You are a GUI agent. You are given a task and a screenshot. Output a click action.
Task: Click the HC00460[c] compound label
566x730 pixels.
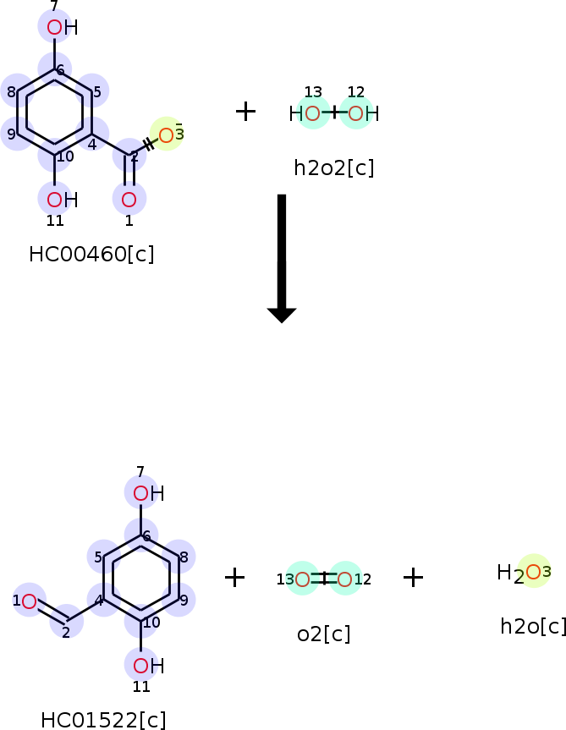point(91,254)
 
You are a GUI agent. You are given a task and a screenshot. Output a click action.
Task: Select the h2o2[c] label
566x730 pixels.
point(333,167)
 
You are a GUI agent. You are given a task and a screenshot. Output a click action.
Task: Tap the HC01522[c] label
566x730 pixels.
point(103,720)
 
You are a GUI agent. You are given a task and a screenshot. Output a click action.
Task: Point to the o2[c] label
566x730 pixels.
point(323,633)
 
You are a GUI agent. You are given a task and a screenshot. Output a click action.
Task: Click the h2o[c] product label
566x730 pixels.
point(533,626)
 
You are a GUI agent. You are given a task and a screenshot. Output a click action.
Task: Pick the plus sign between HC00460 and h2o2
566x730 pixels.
point(245,111)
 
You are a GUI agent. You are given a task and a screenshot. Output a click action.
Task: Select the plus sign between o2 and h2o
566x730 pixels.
point(413,578)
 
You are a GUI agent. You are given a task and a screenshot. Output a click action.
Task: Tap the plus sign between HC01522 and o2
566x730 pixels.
point(234,578)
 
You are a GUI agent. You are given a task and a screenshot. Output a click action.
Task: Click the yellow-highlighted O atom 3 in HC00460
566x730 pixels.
point(167,134)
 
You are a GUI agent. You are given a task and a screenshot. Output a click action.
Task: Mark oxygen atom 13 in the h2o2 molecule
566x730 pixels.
point(313,113)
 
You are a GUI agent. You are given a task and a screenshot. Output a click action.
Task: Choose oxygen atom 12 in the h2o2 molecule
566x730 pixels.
point(355,113)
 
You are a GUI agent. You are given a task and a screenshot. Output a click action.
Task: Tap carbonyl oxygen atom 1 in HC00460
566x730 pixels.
point(129,200)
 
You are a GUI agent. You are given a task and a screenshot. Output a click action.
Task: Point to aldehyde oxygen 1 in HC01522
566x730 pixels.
point(30,601)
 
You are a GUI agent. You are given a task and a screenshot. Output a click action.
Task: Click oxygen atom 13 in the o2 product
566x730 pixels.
point(302,579)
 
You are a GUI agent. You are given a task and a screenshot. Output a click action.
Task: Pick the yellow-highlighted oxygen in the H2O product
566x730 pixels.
point(533,572)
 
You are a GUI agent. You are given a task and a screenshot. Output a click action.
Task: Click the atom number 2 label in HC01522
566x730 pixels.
point(66,632)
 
